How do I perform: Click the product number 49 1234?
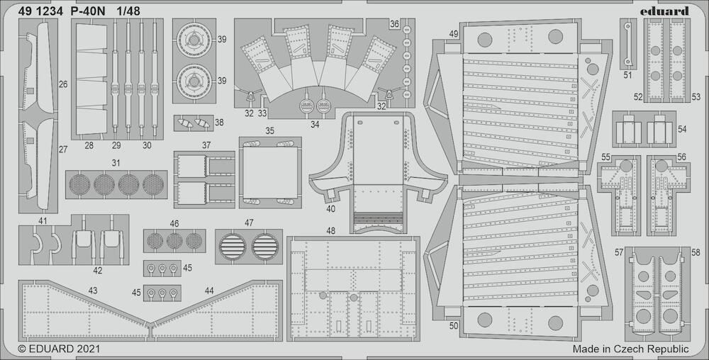(39, 12)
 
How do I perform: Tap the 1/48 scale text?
(128, 12)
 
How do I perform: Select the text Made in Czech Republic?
(630, 349)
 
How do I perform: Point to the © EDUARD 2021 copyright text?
(59, 349)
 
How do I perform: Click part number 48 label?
(331, 231)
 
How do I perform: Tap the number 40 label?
(330, 208)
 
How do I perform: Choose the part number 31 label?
(116, 163)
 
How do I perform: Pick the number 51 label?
(627, 75)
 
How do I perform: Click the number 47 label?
(249, 223)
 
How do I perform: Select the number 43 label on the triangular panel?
(93, 291)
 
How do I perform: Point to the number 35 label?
(269, 131)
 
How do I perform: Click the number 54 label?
(682, 129)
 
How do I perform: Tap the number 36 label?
(394, 24)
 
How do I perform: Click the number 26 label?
(63, 84)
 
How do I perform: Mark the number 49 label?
(454, 34)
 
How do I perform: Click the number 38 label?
(219, 122)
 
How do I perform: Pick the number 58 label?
(696, 252)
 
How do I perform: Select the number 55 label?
(605, 157)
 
